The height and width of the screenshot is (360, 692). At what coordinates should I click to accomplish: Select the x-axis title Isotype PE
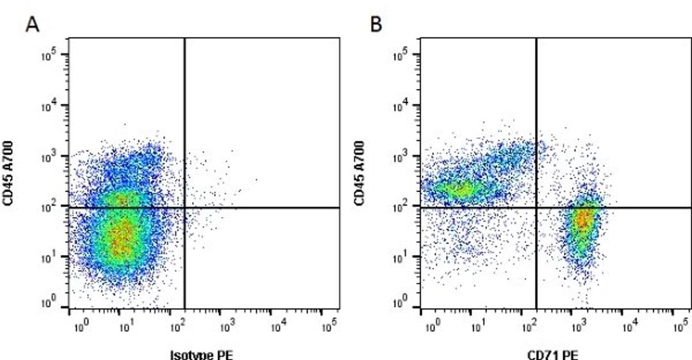(201, 354)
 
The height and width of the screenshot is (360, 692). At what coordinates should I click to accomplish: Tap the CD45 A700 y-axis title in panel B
(360, 174)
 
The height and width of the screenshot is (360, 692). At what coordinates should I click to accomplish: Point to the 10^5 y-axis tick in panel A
(51, 55)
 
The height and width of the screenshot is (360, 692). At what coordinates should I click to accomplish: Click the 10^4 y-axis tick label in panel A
(51, 106)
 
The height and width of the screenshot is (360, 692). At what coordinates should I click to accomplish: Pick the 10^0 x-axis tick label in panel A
(80, 328)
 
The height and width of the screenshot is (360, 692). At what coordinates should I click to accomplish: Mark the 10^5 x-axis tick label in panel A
(329, 328)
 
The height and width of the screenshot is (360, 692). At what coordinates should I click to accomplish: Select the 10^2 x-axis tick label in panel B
(529, 328)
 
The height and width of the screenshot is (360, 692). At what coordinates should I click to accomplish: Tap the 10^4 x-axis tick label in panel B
(630, 328)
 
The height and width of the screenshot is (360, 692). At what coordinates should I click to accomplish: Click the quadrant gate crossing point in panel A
(185, 208)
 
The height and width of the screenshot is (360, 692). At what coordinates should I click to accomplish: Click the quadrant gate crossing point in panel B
(536, 208)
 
